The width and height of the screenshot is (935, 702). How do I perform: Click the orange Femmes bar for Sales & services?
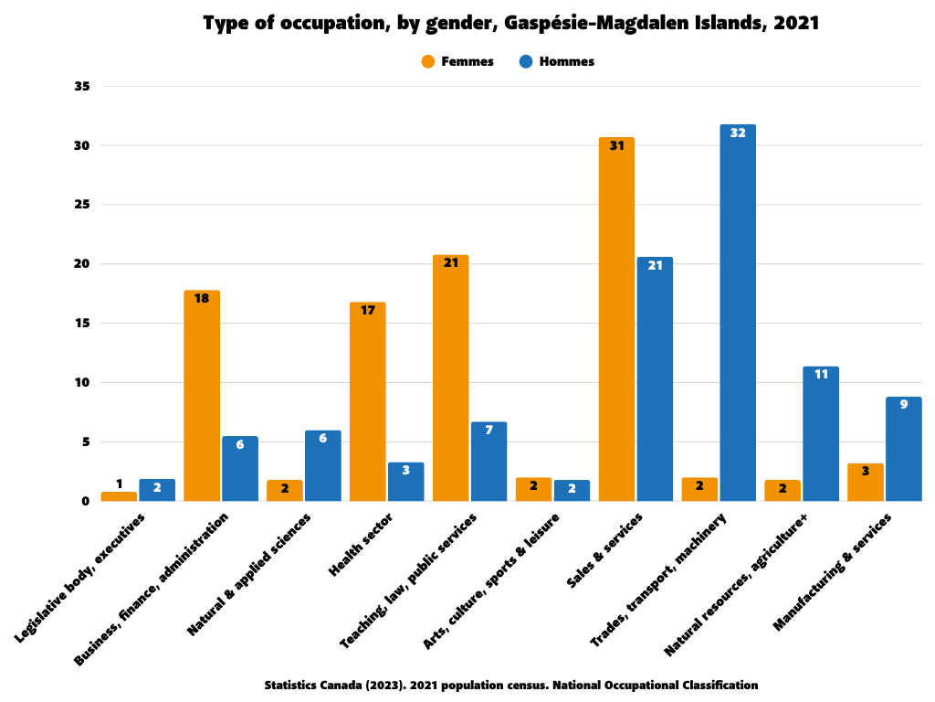(x=616, y=320)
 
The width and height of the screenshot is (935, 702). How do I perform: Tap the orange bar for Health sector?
(x=367, y=402)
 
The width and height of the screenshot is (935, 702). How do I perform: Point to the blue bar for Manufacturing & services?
(x=903, y=449)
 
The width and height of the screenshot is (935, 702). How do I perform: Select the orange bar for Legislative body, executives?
(x=119, y=496)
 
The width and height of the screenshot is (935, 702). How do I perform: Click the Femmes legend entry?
(x=457, y=61)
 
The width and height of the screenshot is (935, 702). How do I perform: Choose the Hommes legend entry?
(x=556, y=61)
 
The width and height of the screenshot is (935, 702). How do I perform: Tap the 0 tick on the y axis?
(x=86, y=501)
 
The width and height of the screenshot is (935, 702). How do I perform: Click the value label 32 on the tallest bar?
(x=738, y=133)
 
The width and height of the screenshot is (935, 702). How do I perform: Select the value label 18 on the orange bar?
(x=202, y=298)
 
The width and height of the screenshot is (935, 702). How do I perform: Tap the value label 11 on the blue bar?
(x=821, y=374)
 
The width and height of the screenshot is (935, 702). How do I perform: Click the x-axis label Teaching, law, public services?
(x=410, y=580)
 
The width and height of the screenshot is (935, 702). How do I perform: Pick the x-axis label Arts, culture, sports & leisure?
(x=492, y=580)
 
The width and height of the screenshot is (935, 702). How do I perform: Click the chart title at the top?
(x=510, y=24)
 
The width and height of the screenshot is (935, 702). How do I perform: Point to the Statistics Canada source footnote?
(x=510, y=685)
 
